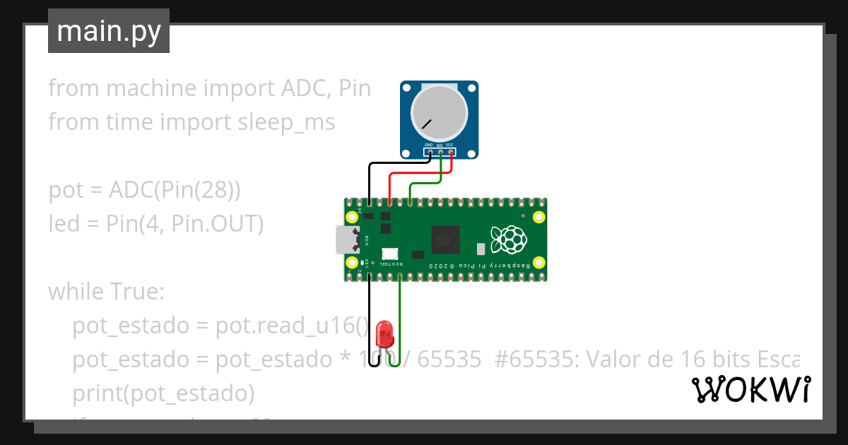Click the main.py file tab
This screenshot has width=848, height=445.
109,31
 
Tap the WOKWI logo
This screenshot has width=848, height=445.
750,390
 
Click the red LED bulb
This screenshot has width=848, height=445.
384,331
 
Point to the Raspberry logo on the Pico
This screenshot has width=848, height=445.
509,239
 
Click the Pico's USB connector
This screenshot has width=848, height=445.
348,240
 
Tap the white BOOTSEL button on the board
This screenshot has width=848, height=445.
389,254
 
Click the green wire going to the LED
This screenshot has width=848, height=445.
400,318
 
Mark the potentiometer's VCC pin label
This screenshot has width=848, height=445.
449,144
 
